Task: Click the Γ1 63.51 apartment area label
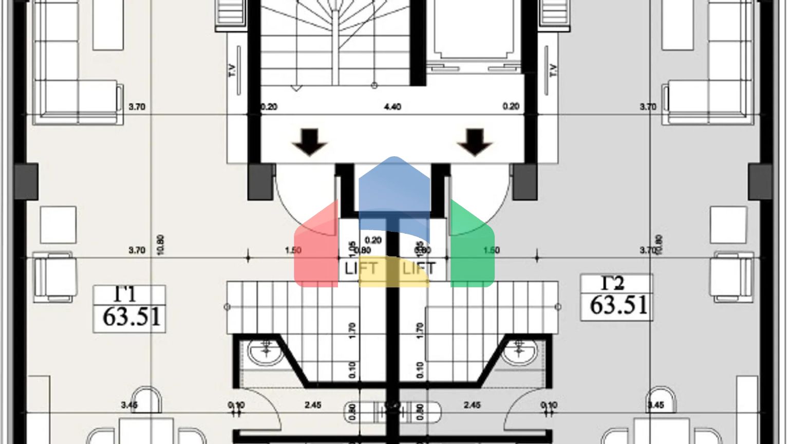tap(129, 308)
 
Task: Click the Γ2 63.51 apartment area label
tap(616, 298)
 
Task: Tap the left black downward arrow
tap(309, 142)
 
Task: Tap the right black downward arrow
tap(475, 142)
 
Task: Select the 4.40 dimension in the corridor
tap(392, 107)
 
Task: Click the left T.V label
tap(232, 70)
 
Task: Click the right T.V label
tap(553, 70)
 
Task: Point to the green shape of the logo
tap(472, 247)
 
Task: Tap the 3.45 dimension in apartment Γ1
tap(129, 405)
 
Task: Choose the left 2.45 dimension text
tap(313, 405)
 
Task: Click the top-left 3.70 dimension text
tap(137, 107)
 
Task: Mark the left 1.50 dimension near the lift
tap(293, 250)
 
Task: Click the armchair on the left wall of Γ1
tap(54, 276)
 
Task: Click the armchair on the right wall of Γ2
tap(731, 276)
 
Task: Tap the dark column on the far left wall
tap(26, 182)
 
